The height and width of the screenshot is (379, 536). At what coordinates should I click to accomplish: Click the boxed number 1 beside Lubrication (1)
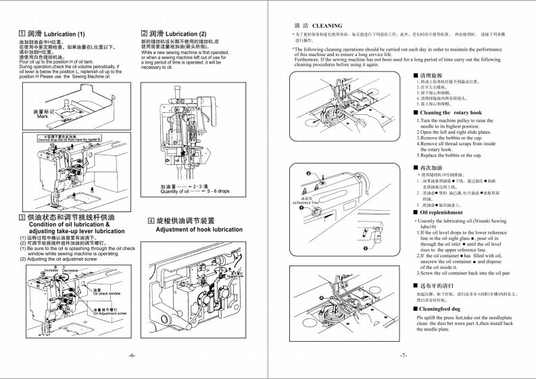pos(22,33)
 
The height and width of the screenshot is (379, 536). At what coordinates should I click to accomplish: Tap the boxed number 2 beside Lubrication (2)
pos(144,33)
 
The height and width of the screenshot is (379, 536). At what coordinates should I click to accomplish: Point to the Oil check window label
pos(107,294)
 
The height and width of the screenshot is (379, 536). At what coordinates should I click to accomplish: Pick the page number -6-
pos(132,355)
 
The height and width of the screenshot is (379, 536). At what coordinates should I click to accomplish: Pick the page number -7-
pos(403,355)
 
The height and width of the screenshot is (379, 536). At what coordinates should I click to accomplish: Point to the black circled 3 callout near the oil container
pos(366,249)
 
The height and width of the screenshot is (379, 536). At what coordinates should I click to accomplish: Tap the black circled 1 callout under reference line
pos(301,207)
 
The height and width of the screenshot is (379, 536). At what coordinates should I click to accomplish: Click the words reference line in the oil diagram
pos(306,202)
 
